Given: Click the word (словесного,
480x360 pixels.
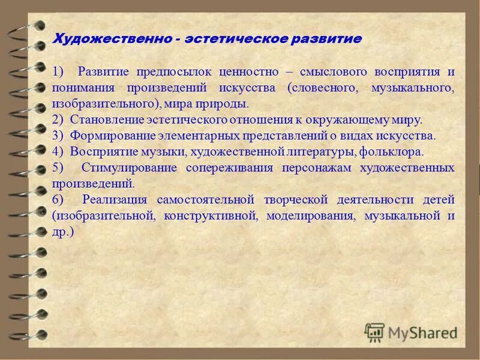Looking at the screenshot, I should (x=326, y=88).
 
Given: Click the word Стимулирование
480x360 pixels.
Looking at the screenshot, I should (x=129, y=167).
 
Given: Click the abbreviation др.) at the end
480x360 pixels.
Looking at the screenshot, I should (x=63, y=230).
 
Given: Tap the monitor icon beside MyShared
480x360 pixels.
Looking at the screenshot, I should (x=374, y=332).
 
